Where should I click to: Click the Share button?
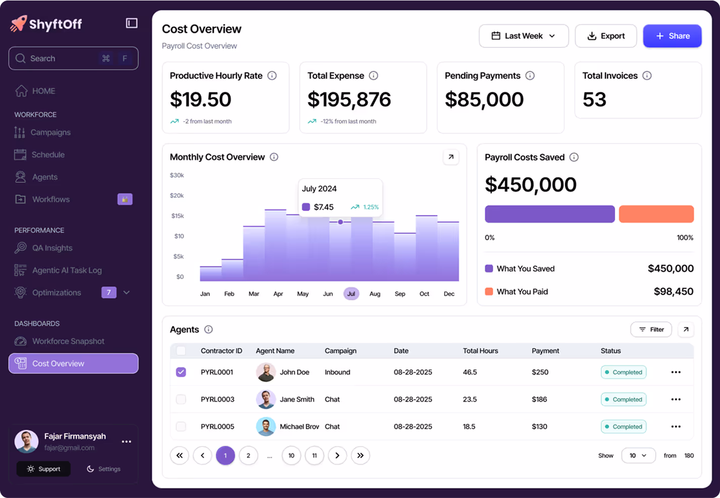click(672, 36)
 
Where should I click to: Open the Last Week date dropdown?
click(523, 36)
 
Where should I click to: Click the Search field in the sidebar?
click(73, 59)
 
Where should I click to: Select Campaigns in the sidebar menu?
click(51, 133)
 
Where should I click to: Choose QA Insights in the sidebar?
click(52, 248)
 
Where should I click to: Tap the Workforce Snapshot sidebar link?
click(68, 342)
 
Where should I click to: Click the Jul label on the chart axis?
click(351, 294)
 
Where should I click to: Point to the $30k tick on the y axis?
click(177, 176)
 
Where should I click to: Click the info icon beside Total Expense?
click(374, 76)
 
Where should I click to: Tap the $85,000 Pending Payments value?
click(484, 99)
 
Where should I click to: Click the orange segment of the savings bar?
click(656, 214)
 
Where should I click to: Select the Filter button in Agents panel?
click(651, 329)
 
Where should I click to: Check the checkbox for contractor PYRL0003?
click(181, 400)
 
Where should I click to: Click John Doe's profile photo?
click(266, 372)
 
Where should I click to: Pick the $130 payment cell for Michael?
click(539, 427)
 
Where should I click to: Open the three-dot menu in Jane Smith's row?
click(676, 400)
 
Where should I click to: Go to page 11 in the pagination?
click(314, 456)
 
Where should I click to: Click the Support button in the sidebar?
click(43, 469)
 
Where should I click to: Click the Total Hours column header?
click(480, 351)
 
